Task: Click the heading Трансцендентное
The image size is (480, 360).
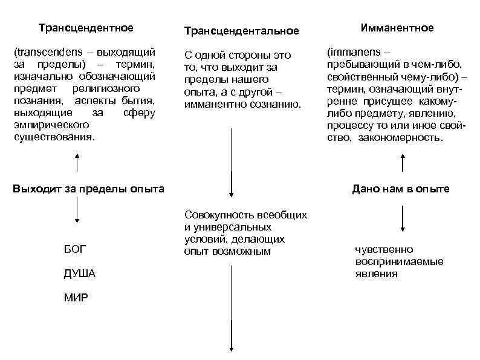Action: [86, 28]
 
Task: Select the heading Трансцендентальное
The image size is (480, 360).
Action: [241, 30]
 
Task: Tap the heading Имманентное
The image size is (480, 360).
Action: [397, 28]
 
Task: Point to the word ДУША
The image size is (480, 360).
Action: [79, 273]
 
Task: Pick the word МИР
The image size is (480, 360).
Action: [75, 298]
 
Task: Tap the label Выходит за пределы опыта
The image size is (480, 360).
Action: [89, 189]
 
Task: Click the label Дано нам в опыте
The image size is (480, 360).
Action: [401, 189]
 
